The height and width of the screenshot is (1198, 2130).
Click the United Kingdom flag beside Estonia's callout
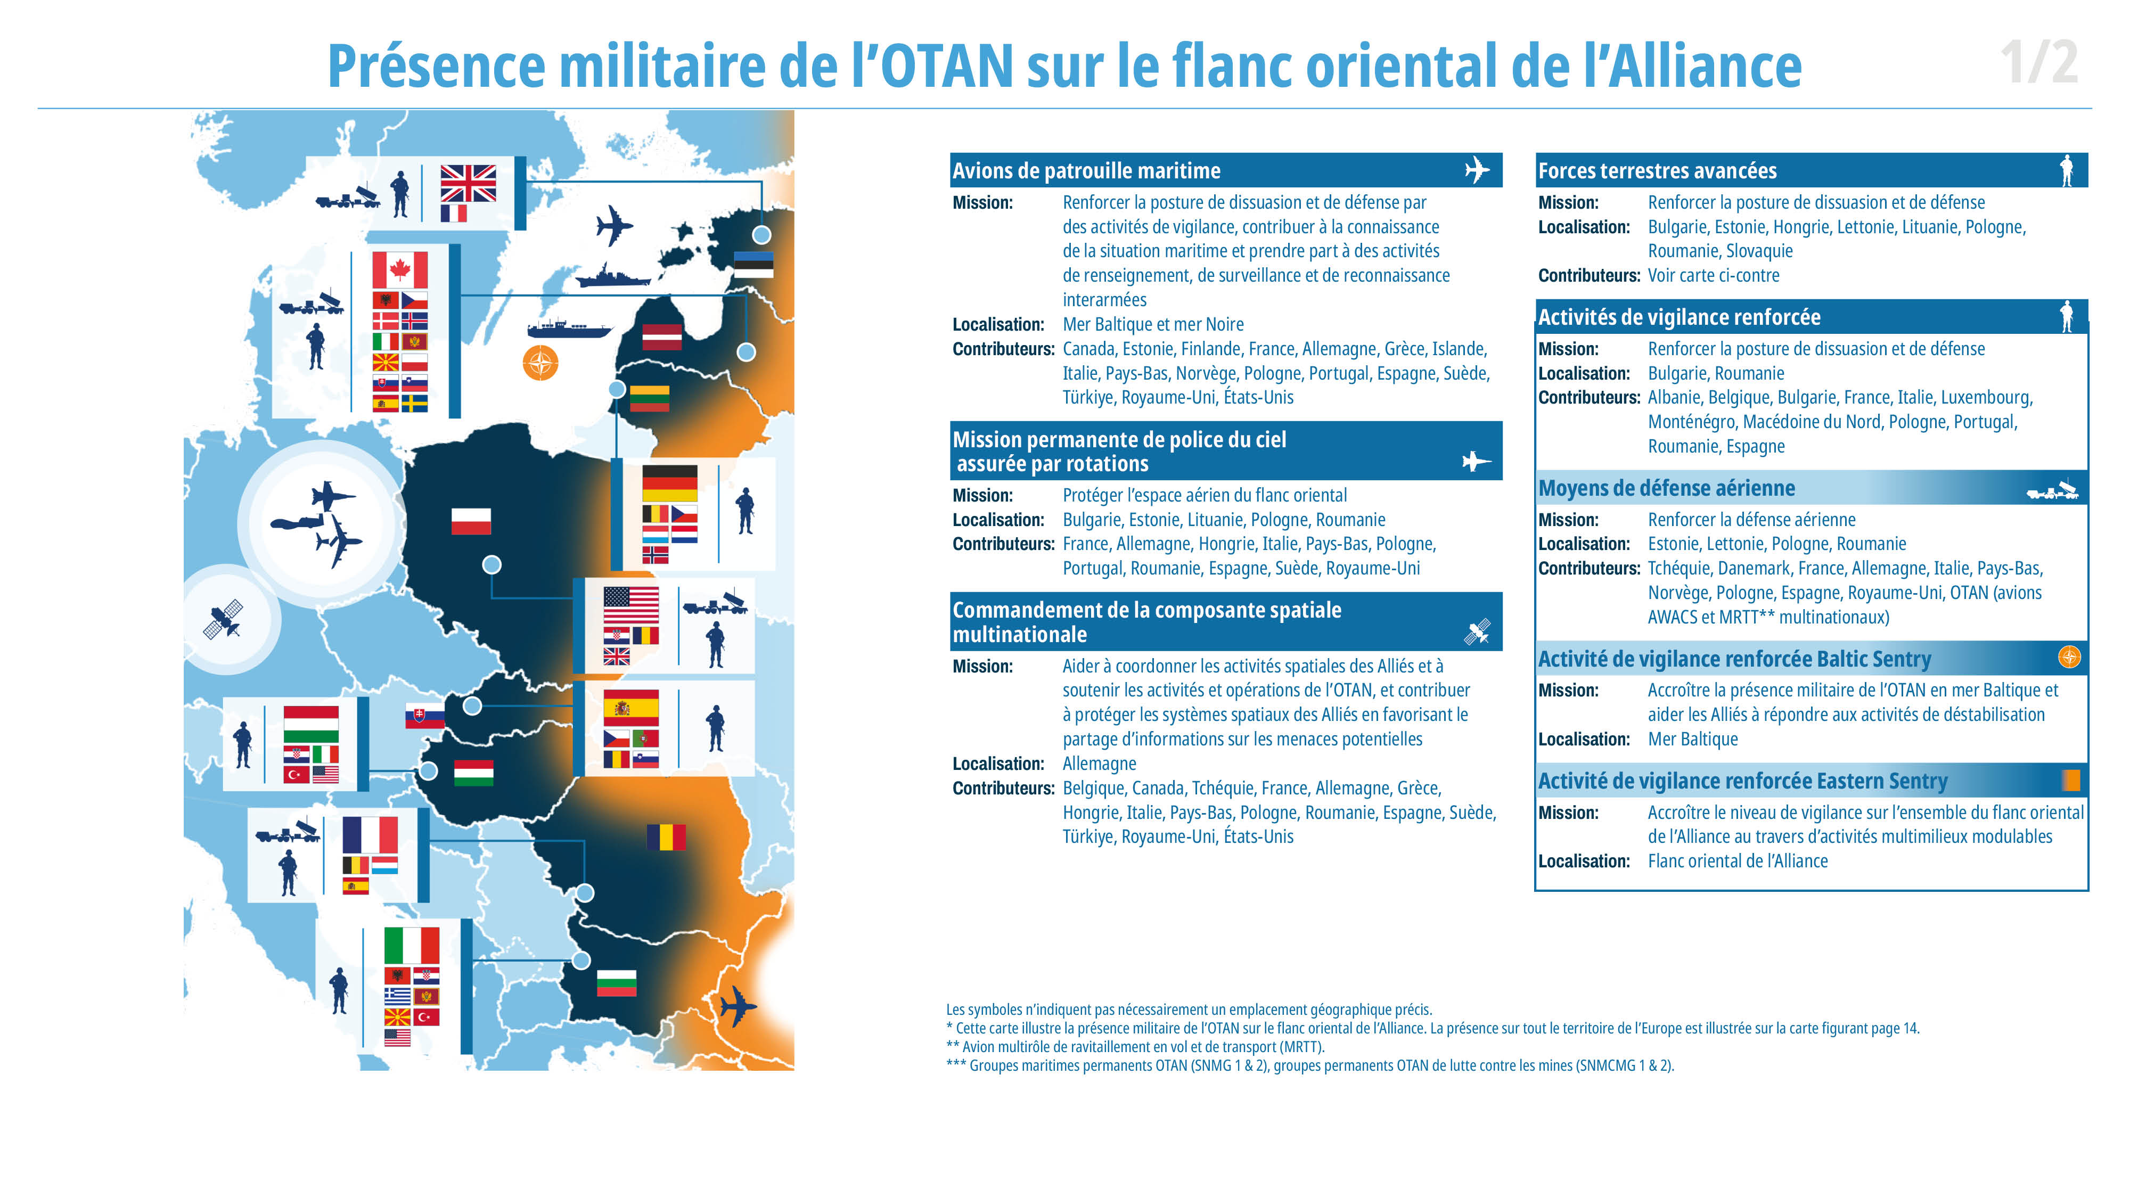pyautogui.click(x=468, y=183)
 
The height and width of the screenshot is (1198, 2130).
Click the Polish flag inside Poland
pyautogui.click(x=471, y=521)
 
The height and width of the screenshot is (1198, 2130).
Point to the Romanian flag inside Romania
pyautogui.click(x=667, y=836)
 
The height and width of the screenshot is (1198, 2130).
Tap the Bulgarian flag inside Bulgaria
pyautogui.click(x=617, y=982)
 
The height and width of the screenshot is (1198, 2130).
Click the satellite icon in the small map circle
pyautogui.click(x=223, y=618)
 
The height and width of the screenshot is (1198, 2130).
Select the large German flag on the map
pyautogui.click(x=670, y=483)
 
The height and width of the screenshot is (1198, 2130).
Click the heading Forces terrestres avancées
pyautogui.click(x=1657, y=171)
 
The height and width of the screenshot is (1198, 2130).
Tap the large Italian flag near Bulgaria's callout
pyautogui.click(x=412, y=945)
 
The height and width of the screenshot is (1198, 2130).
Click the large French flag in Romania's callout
pyautogui.click(x=371, y=834)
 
